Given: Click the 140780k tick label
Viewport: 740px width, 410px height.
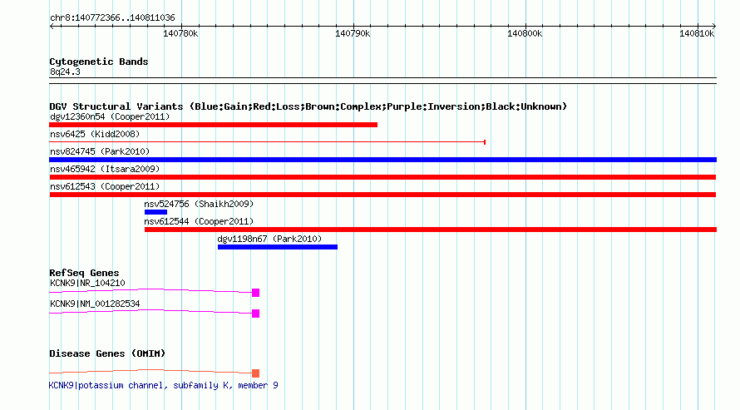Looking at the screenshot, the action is [180, 33].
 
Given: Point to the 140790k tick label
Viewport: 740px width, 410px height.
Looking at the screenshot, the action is [353, 33].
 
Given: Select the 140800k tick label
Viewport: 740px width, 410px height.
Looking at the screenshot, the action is [525, 33].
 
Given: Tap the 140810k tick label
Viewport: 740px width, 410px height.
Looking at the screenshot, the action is [697, 33].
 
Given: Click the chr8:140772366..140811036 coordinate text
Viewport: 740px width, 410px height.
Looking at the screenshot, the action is [112, 18].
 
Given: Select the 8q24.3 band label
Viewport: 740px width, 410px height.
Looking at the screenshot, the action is [65, 72].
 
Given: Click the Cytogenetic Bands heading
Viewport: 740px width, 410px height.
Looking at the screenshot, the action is [99, 62].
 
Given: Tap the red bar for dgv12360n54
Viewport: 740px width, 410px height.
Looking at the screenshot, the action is [214, 125].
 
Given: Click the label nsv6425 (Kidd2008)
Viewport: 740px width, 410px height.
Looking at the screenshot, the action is [95, 134].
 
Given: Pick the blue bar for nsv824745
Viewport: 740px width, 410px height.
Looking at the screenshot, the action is [382, 160].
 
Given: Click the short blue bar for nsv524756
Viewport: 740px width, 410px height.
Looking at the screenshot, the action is [155, 212].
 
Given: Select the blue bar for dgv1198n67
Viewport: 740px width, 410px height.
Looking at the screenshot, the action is [278, 247].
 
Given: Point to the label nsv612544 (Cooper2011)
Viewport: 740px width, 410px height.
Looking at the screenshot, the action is [199, 221].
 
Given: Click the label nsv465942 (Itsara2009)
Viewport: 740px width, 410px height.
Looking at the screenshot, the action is [105, 169].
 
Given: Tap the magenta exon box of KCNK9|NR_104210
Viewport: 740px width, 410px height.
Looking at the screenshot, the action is [256, 293].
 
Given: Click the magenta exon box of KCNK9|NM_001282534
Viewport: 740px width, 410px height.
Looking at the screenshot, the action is [256, 314].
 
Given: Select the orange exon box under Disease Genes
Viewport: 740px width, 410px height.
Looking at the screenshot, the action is [256, 373].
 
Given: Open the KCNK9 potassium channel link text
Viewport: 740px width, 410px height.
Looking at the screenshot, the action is [163, 385].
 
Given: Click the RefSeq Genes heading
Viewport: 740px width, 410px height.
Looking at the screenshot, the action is [84, 273].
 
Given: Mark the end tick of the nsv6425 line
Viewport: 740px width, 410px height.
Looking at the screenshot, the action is [485, 142].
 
